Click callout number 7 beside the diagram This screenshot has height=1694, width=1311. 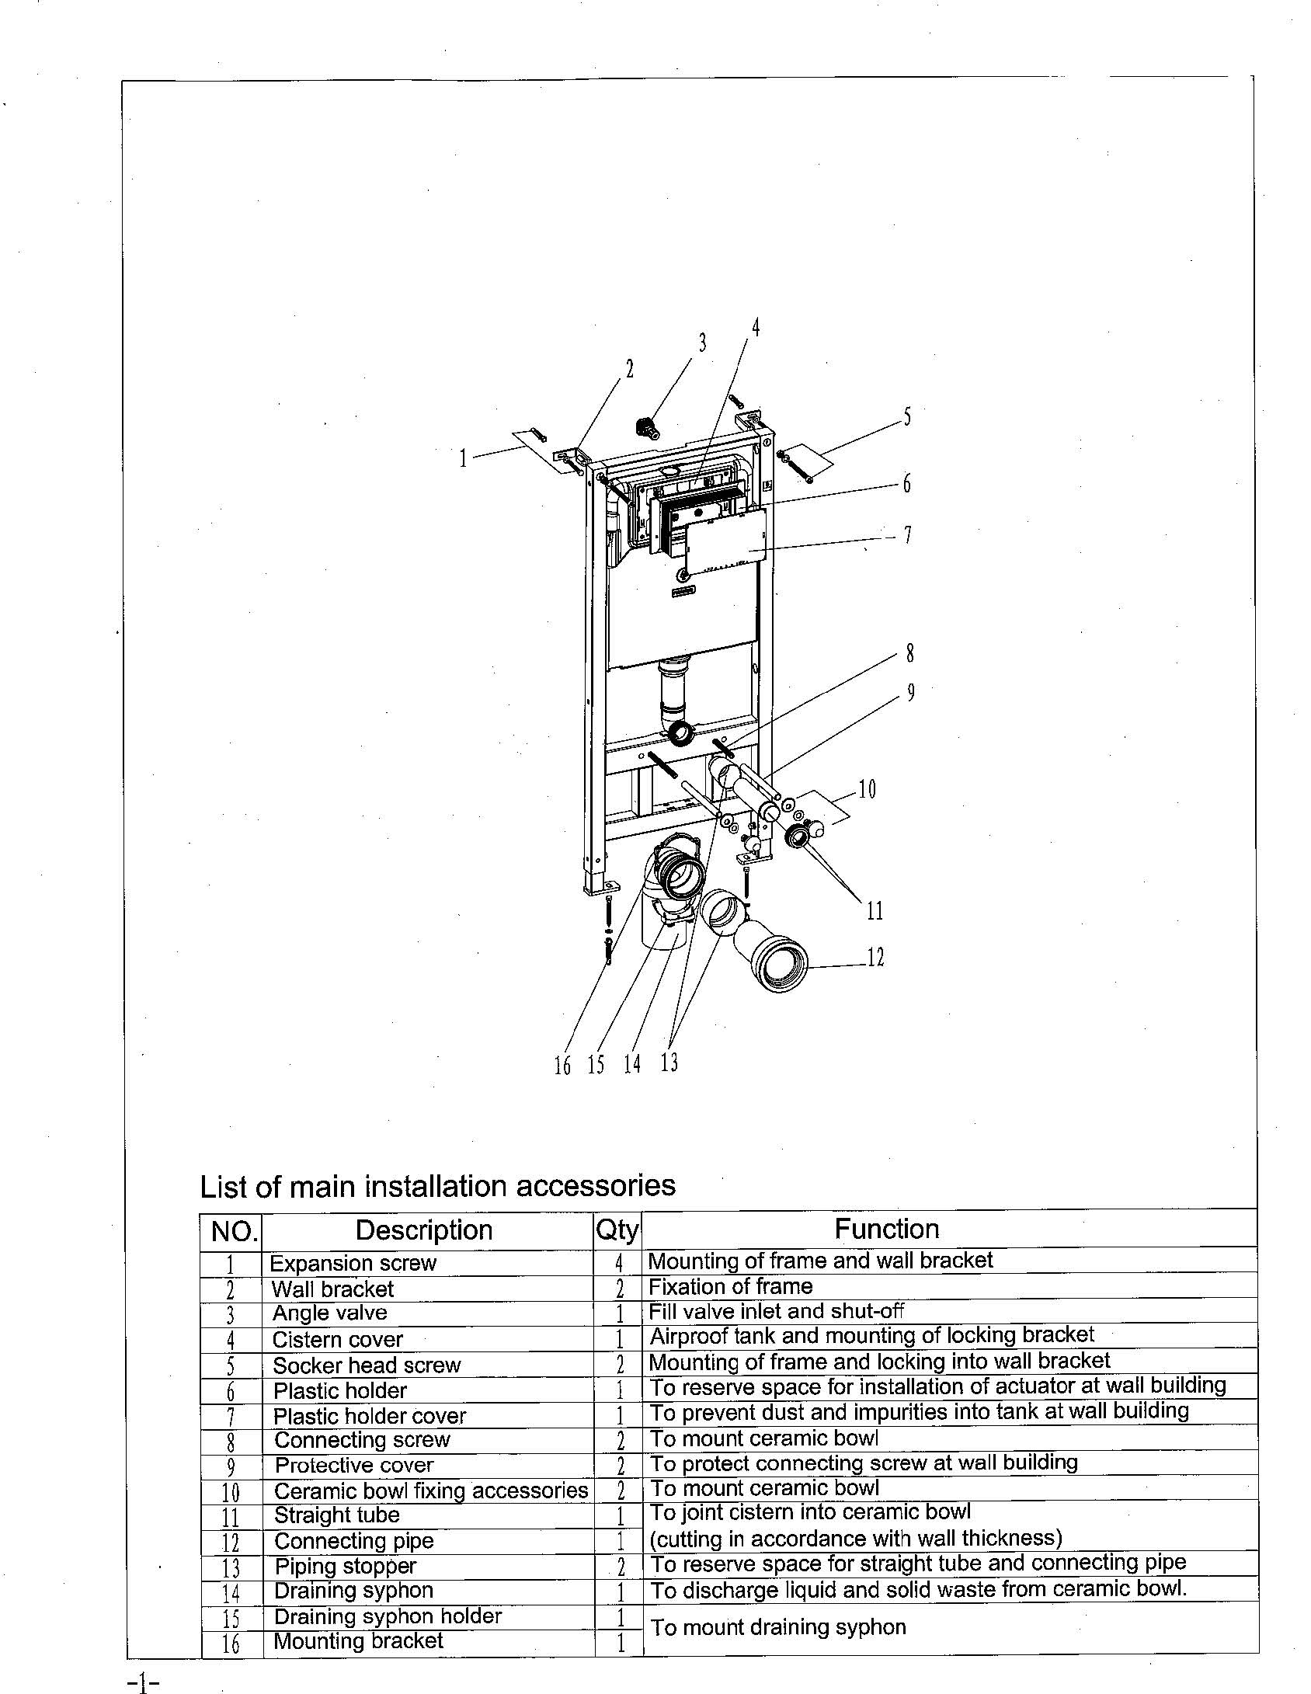click(x=906, y=535)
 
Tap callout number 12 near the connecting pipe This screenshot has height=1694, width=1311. click(x=875, y=958)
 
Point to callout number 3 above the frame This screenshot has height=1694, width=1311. click(x=702, y=343)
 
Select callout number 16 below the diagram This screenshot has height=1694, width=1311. click(x=562, y=1065)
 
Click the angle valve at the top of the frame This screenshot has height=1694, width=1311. click(x=644, y=426)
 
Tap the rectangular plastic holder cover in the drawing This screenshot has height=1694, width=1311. click(x=726, y=541)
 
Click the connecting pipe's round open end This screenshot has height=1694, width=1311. click(x=782, y=965)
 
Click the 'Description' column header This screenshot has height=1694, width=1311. click(x=424, y=1230)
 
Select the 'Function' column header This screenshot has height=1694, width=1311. click(x=887, y=1229)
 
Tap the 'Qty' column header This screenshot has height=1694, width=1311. click(x=617, y=1230)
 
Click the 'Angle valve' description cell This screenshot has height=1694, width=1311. click(x=329, y=1313)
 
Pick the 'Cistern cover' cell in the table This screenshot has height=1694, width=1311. click(x=338, y=1339)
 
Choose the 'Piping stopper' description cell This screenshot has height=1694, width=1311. click(x=346, y=1566)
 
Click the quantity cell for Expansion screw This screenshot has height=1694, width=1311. click(x=619, y=1262)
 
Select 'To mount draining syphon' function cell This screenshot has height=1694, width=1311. click(x=778, y=1627)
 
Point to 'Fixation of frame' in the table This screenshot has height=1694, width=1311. click(x=731, y=1286)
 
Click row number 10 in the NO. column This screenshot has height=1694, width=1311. click(x=231, y=1492)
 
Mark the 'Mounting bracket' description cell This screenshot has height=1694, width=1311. click(x=358, y=1640)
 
